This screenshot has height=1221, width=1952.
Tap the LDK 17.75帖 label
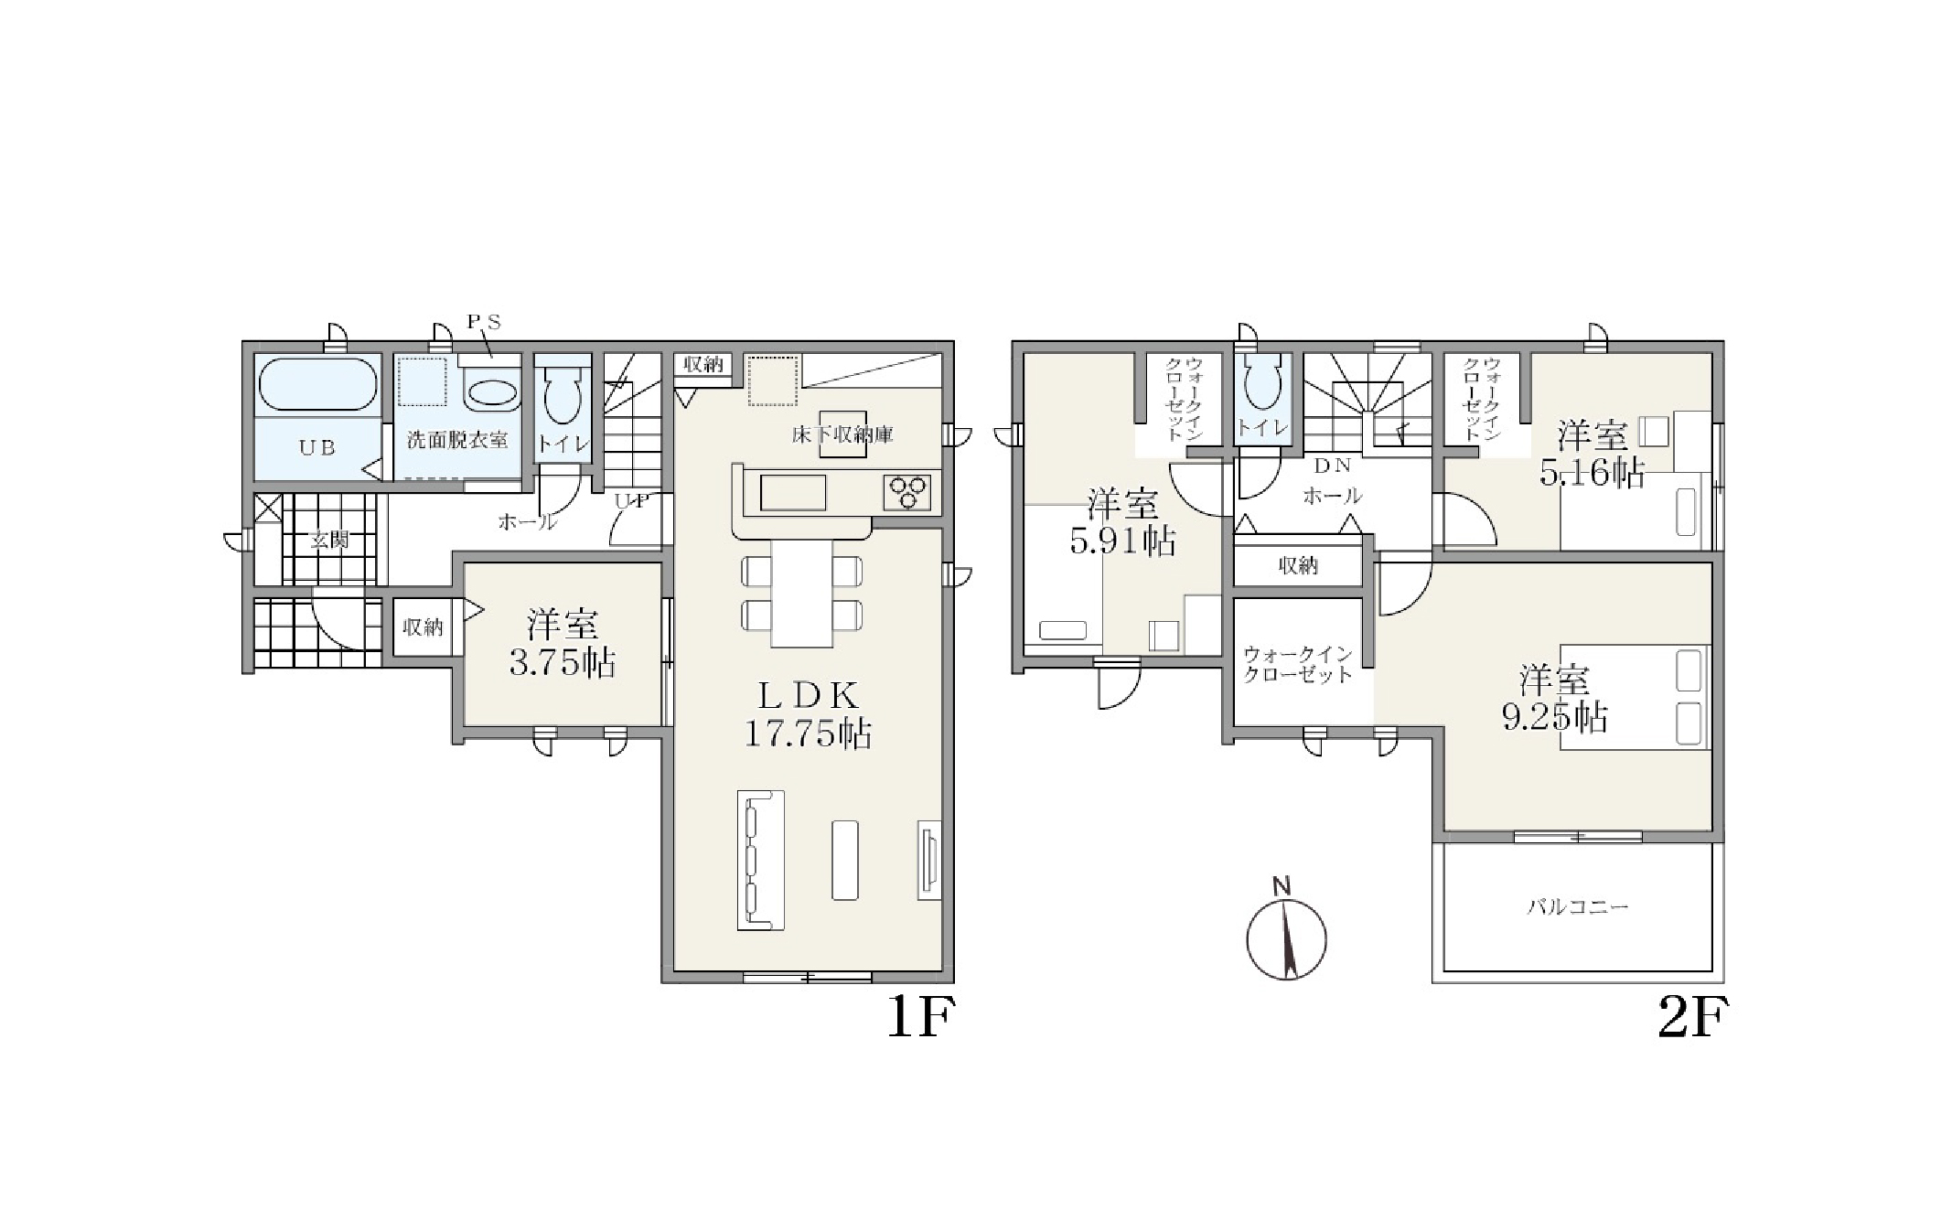807,715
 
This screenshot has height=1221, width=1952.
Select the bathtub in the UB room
317,384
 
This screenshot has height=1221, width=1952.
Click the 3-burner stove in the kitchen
907,492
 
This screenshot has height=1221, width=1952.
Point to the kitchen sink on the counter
792,493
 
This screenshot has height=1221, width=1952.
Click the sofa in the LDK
761,860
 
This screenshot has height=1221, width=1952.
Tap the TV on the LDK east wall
928,860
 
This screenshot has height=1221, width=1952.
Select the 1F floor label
921,1017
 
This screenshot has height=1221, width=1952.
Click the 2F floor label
1693,1017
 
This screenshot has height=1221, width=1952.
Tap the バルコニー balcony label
1578,907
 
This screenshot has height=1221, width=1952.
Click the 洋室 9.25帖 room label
1555,699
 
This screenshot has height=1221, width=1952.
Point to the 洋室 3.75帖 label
562,644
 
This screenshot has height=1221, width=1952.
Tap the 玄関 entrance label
328,540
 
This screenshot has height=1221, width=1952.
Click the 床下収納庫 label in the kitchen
842,434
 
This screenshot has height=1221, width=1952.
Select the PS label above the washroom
484,323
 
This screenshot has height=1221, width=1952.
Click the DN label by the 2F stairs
1332,466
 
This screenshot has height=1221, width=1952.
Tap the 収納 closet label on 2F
1298,566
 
